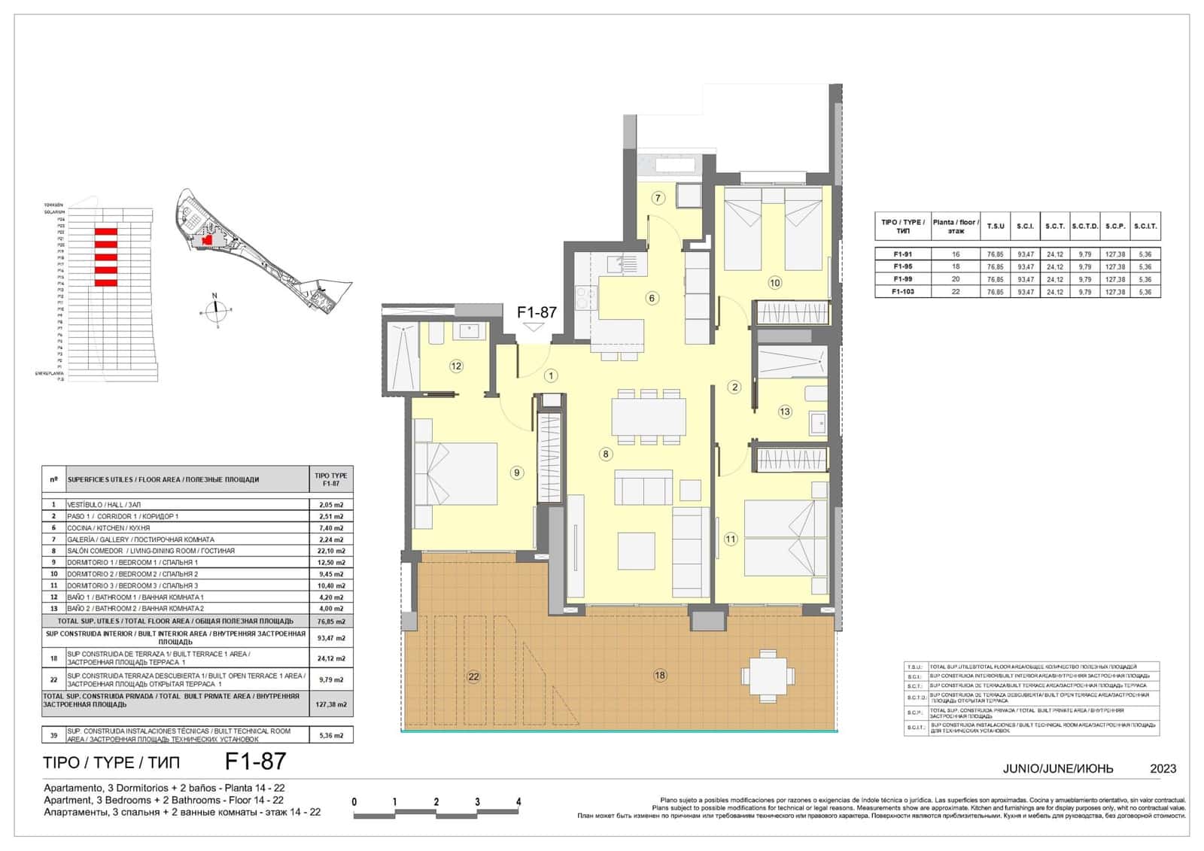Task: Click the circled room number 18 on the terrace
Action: pos(660,676)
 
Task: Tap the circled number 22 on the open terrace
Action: pos(473,676)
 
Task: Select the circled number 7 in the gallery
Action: pos(658,199)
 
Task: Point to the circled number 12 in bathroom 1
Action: pos(456,366)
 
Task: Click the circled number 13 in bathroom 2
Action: pos(785,412)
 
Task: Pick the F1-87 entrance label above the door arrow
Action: pos(537,312)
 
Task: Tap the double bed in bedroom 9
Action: pos(458,474)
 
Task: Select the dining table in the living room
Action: pos(649,417)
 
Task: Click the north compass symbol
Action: pos(216,308)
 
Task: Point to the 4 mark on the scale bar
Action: pos(518,801)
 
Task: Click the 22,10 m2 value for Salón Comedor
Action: pos(331,551)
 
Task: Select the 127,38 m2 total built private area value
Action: pos(331,705)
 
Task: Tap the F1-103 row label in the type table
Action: pos(903,291)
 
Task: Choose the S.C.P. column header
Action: pos(1115,226)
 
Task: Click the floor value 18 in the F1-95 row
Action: pos(956,266)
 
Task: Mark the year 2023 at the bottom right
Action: pos(1163,769)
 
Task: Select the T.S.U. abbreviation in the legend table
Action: pos(915,667)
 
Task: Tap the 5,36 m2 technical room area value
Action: pos(331,735)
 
